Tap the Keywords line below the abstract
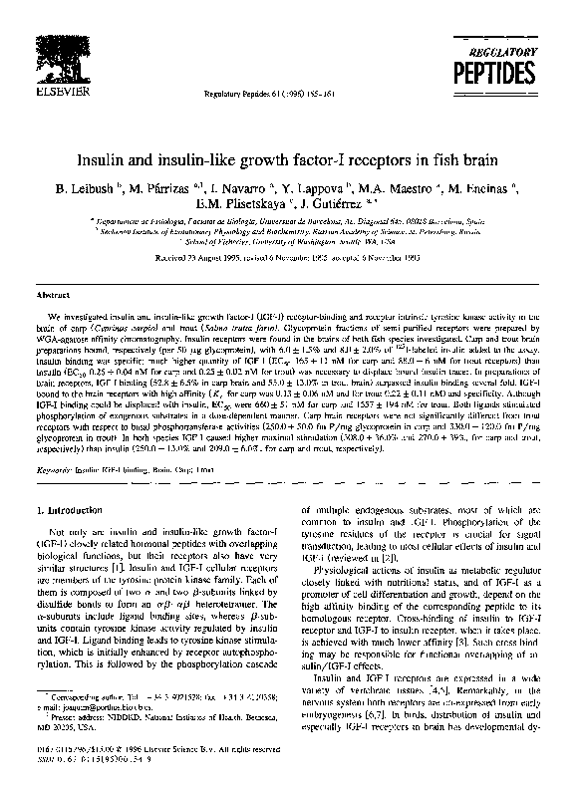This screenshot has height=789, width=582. (144, 467)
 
